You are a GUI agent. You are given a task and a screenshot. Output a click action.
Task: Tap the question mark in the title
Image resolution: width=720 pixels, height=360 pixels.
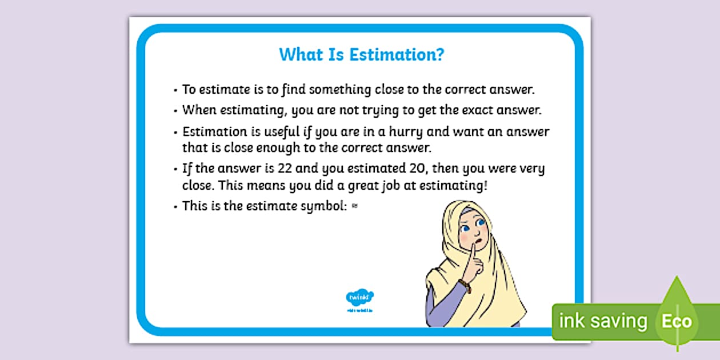tap(440, 55)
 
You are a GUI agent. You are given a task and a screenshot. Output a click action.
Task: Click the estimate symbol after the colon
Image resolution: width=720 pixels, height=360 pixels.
tap(355, 207)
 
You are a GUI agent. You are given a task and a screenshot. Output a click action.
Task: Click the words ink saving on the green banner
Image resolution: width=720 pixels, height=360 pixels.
tap(603, 321)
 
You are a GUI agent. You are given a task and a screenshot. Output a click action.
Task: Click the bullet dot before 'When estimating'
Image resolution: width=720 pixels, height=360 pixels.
tap(175, 111)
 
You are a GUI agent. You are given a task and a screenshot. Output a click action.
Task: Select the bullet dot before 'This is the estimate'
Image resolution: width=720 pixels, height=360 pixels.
tap(175, 207)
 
